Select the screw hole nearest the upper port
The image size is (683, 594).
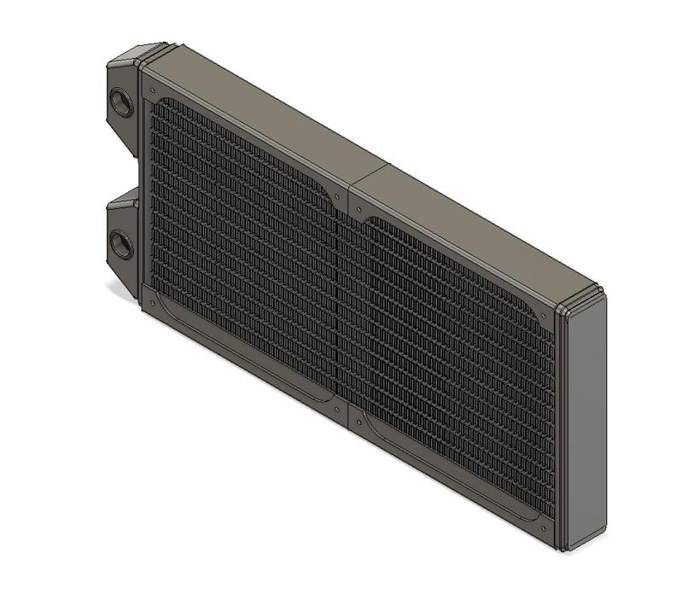pos(150,89)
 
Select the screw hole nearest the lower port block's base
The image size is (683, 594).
pos(152,302)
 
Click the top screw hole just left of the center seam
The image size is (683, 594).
pos(339,195)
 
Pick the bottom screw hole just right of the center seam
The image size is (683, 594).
pos(357,418)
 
